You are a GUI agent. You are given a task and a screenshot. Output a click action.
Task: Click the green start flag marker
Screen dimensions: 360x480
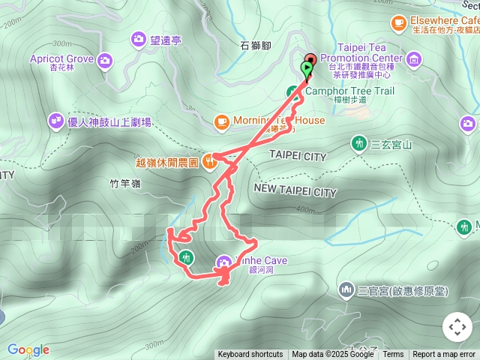point(306,69)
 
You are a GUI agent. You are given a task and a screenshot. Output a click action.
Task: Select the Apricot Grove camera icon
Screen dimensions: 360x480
point(104,59)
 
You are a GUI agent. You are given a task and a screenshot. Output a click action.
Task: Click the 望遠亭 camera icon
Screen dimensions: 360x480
point(139,38)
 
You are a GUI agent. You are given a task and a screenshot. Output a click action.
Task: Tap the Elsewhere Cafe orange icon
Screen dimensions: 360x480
point(397,23)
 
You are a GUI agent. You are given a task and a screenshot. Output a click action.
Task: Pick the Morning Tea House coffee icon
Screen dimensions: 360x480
point(221,121)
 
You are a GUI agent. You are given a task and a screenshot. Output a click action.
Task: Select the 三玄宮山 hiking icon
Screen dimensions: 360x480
point(359,143)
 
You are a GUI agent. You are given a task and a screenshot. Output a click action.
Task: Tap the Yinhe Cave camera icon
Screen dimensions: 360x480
point(223,262)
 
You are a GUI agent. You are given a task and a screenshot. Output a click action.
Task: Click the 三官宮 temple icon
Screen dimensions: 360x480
point(346,289)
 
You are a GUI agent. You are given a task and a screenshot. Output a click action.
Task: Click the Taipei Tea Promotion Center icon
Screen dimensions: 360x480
point(413,58)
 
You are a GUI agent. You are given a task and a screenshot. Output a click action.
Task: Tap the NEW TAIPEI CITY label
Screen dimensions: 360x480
point(295,192)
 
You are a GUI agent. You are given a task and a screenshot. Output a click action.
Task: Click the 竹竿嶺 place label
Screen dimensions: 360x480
point(120,182)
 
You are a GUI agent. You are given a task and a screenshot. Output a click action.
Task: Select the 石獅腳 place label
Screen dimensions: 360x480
point(254,46)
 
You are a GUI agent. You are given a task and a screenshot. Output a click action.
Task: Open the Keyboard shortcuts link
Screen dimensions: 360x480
point(250,355)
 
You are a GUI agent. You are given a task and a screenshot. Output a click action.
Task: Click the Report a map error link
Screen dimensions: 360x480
point(444,355)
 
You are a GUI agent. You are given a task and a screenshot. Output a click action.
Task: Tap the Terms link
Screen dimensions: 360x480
point(393,355)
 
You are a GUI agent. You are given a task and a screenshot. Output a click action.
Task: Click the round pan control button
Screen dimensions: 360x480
point(457,327)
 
